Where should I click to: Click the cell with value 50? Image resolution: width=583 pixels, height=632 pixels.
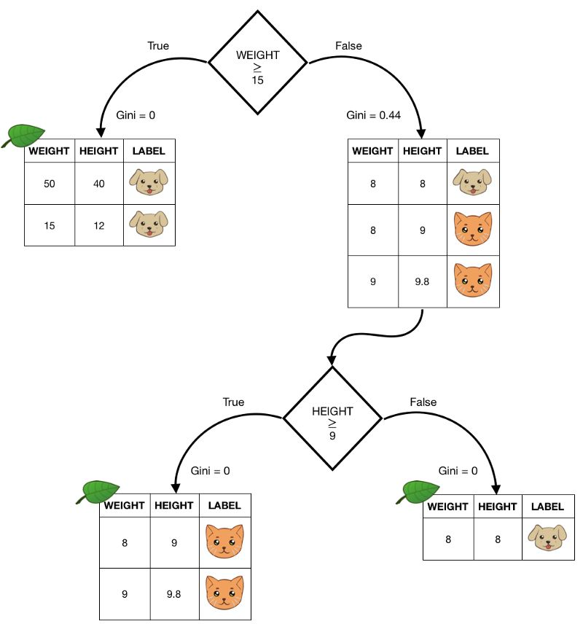click(50, 183)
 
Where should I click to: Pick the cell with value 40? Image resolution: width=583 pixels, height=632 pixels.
click(98, 183)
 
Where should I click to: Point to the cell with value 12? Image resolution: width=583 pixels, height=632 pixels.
click(98, 226)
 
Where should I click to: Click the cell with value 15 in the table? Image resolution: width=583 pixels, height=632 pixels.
click(50, 226)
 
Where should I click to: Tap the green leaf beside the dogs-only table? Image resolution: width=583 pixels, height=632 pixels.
click(24, 136)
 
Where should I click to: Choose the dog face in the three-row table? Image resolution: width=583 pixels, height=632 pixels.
click(472, 182)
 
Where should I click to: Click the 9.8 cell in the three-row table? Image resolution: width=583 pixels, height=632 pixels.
click(422, 281)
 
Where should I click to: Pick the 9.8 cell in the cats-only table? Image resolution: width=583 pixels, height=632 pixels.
click(175, 593)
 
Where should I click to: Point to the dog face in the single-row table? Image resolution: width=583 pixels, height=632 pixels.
click(548, 538)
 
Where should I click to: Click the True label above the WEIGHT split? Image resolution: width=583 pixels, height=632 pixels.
click(158, 46)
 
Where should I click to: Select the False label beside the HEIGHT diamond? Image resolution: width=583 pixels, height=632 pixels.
click(423, 402)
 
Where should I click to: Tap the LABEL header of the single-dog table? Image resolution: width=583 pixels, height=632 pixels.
click(548, 507)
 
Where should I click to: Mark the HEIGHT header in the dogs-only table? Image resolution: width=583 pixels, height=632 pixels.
click(98, 151)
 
